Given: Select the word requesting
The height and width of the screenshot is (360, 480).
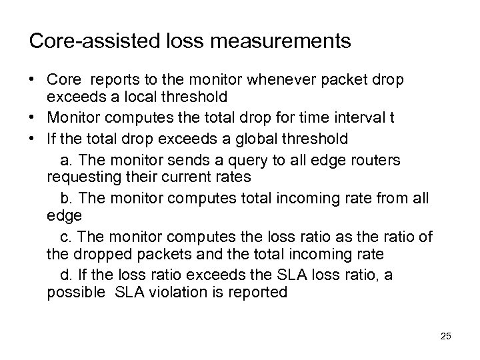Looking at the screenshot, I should pyautogui.click(x=79, y=177).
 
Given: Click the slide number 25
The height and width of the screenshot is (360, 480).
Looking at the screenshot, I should pyautogui.click(x=445, y=337).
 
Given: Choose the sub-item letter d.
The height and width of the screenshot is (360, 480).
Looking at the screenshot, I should pyautogui.click(x=65, y=273).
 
